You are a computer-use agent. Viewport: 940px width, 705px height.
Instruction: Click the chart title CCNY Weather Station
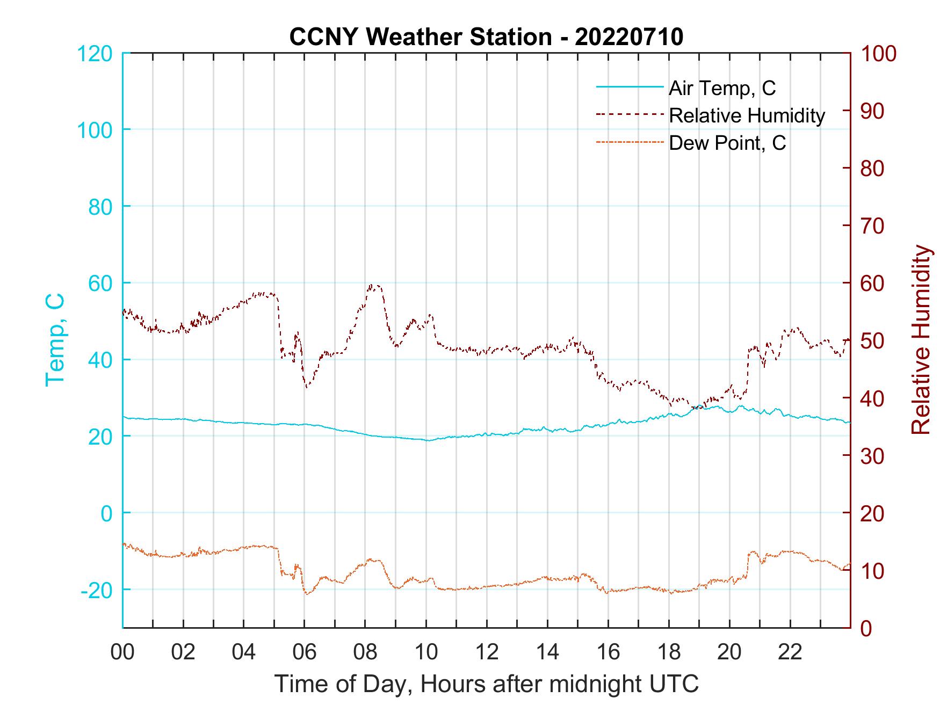pos(421,37)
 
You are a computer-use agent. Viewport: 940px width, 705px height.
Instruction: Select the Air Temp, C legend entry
pos(722,88)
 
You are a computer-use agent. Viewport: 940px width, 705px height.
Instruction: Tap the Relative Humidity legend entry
pos(747,115)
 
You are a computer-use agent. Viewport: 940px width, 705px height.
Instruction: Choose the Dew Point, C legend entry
pos(727,143)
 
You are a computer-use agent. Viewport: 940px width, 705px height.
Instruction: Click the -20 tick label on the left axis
pos(97,590)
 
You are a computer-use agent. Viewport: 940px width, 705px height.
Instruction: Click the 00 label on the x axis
pos(123,652)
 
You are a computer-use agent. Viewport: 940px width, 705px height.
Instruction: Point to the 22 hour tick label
pos(790,652)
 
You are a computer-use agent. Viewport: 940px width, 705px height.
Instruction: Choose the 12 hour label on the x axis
pos(487,652)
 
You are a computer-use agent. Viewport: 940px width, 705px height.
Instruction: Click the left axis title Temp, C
pos(55,339)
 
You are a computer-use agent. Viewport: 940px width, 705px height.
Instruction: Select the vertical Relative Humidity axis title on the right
pos(921,339)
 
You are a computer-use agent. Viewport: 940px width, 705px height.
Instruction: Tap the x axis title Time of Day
pos(487,684)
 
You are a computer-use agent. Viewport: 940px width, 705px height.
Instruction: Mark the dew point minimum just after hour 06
pos(307,594)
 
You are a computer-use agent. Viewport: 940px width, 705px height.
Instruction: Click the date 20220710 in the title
pos(628,37)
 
